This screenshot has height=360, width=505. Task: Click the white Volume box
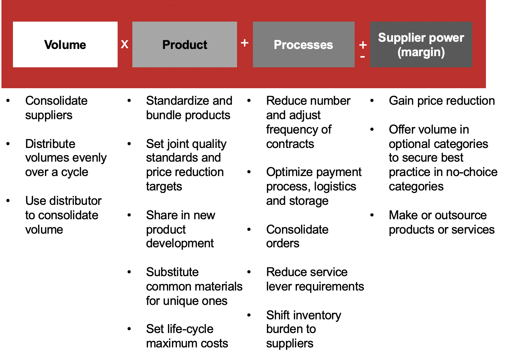[x=65, y=45]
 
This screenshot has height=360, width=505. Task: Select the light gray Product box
[x=185, y=45]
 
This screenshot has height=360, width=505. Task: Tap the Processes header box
[x=304, y=45]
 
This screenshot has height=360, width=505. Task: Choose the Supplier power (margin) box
[x=421, y=45]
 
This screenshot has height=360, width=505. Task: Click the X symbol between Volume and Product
[x=125, y=45]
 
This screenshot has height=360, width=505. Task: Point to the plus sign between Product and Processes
[x=245, y=42]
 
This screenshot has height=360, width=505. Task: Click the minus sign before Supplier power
[x=363, y=57]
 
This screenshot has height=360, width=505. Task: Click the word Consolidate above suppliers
[x=56, y=101]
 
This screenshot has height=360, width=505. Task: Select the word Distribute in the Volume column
[x=50, y=144]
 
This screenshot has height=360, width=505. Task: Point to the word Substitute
[x=172, y=272]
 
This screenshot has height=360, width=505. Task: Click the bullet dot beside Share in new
[x=129, y=215]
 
